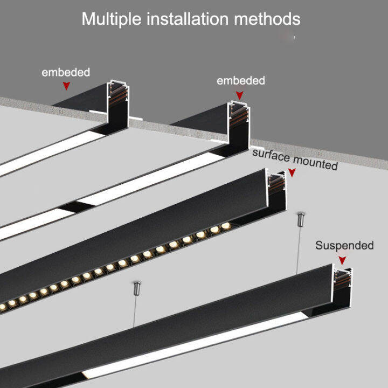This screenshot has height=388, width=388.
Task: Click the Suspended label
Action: point(344,246)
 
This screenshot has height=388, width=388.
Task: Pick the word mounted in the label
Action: point(314,162)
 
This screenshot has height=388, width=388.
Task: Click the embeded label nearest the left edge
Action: point(66,72)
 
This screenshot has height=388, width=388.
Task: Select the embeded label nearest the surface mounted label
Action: point(240,81)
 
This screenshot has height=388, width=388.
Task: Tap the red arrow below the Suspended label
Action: point(341,260)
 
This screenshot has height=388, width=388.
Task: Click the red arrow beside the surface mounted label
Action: point(292,173)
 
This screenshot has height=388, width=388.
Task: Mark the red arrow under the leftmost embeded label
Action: point(66,85)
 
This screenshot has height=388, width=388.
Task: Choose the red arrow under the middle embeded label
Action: point(239,94)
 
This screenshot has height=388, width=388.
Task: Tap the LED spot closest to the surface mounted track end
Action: point(225,225)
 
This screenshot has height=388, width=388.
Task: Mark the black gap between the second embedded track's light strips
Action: point(68,207)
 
